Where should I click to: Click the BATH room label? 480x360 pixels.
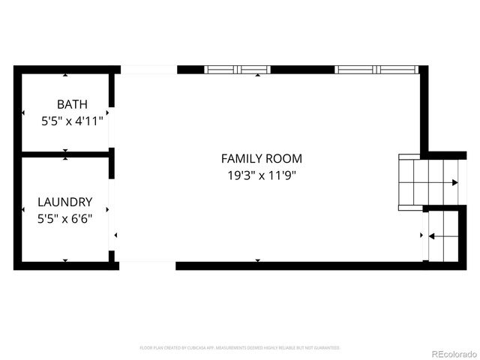72,104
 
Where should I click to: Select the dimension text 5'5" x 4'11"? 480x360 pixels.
72,119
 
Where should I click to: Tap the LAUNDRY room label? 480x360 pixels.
65,202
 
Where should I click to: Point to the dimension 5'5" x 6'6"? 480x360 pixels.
65,218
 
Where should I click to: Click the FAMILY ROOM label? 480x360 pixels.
261,158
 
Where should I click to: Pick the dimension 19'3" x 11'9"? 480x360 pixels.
261,175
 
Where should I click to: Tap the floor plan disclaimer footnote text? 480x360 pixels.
240,348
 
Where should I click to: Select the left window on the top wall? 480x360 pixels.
237,70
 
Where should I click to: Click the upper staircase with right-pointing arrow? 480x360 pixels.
428,182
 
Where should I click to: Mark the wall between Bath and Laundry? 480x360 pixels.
66,154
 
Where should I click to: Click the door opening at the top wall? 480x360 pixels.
148,70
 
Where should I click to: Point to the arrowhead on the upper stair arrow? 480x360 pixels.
454,182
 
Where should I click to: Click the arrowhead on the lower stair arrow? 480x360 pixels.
432,235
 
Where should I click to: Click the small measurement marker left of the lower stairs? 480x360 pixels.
421,235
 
